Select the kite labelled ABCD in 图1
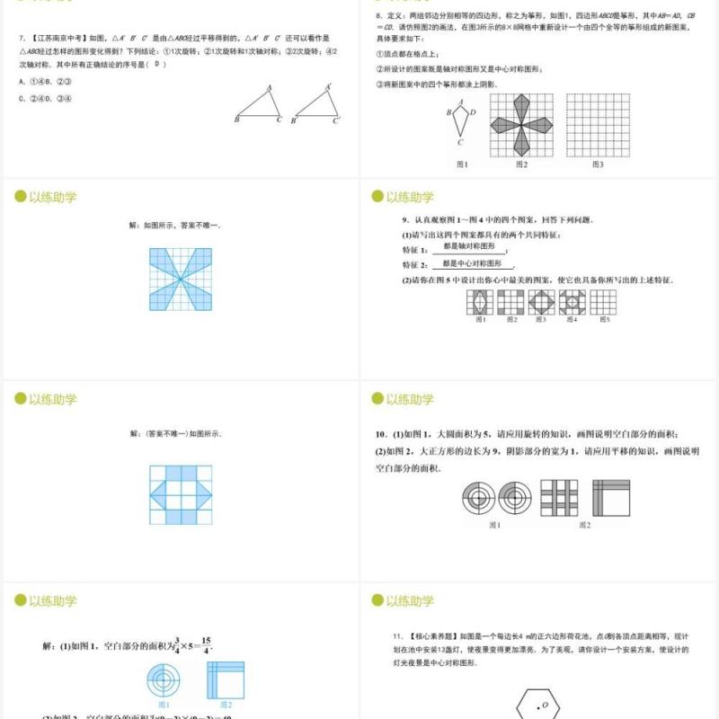tap(459, 121)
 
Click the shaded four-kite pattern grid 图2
tap(522, 125)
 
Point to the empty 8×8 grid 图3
tap(598, 125)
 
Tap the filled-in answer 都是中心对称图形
tap(473, 264)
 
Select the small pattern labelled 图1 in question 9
tap(479, 303)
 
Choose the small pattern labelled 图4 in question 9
tap(572, 303)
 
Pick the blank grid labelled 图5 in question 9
tap(603, 303)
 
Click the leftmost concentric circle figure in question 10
tap(478, 498)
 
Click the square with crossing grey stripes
tap(558, 498)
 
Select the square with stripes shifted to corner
tap(611, 498)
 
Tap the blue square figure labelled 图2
tap(226, 679)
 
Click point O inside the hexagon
tap(544, 706)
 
